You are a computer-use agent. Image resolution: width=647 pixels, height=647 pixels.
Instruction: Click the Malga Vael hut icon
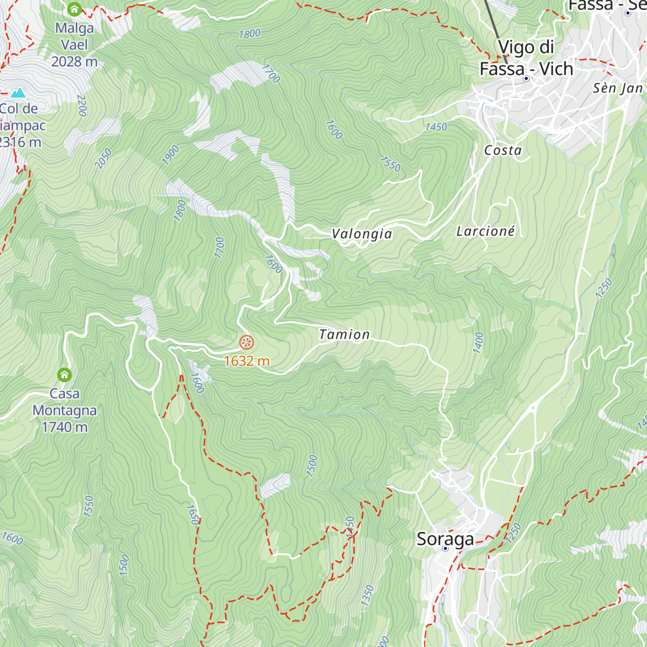(x=74, y=9)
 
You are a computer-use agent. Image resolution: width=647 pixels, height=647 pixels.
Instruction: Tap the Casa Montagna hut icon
(x=65, y=375)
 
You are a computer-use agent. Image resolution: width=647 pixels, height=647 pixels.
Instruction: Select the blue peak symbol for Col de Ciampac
(x=18, y=93)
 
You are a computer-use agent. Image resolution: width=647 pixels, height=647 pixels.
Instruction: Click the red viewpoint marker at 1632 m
(x=246, y=342)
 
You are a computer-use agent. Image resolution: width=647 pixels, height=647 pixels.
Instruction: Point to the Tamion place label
(x=345, y=335)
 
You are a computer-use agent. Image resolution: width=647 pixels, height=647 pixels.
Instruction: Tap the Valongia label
(x=362, y=234)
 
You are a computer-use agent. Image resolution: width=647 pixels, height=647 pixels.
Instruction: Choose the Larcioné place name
(x=486, y=231)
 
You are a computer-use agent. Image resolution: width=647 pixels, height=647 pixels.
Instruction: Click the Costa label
(x=503, y=150)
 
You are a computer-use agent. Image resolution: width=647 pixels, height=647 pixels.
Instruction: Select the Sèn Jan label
(x=618, y=88)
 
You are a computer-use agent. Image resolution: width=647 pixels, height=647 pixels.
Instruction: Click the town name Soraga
(x=445, y=539)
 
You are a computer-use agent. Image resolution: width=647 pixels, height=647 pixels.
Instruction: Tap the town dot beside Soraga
(x=445, y=549)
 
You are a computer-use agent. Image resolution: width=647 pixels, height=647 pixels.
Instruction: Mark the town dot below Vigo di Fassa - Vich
(x=526, y=79)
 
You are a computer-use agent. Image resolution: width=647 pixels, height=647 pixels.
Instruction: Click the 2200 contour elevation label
(x=82, y=106)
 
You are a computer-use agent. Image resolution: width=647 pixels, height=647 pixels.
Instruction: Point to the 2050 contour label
(x=103, y=159)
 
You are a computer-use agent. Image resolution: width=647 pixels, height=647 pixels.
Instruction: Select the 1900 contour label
(x=170, y=155)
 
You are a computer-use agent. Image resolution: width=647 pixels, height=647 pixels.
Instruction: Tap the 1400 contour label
(x=478, y=343)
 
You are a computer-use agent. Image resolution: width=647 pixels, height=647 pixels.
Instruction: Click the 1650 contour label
(x=192, y=514)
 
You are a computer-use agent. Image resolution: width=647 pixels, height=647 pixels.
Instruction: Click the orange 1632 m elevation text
(x=246, y=361)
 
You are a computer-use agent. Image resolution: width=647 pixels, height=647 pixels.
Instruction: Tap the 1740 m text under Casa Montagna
(x=65, y=427)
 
